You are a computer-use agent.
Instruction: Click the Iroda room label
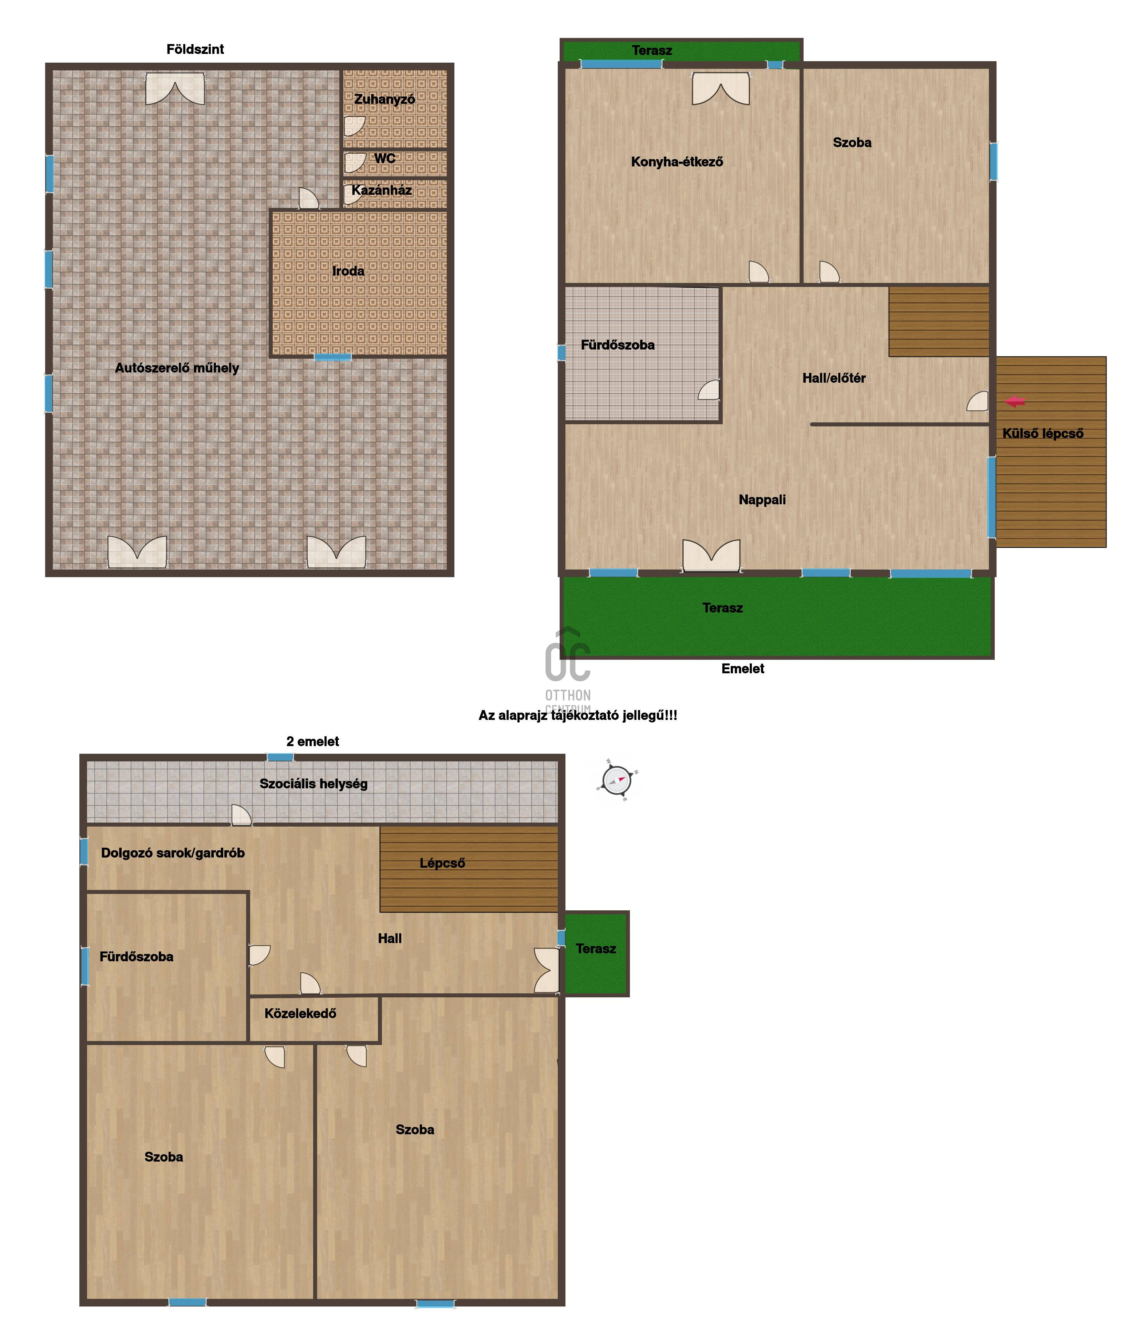[348, 271]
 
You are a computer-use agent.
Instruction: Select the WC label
[385, 158]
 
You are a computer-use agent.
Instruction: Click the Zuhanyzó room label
[384, 99]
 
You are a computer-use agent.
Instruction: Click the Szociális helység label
[313, 784]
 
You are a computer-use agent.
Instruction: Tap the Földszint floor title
[195, 49]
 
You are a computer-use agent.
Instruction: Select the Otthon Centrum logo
[568, 668]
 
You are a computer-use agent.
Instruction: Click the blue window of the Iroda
[333, 357]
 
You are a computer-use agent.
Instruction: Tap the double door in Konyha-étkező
[721, 89]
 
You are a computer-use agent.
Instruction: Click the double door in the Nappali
[711, 556]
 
